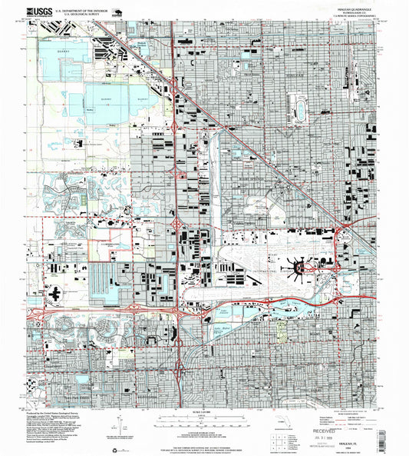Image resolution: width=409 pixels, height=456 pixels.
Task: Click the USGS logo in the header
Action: point(38,12)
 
